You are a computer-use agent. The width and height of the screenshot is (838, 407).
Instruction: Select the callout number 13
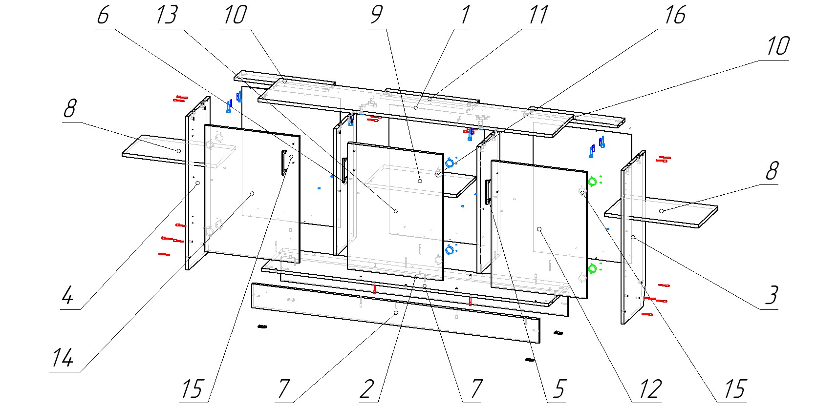[167, 16]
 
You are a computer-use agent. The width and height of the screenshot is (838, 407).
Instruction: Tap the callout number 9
[376, 16]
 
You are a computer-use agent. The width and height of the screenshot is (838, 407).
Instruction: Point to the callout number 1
[465, 16]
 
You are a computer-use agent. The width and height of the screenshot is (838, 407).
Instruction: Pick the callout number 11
[537, 16]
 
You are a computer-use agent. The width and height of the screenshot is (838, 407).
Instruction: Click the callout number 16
[675, 16]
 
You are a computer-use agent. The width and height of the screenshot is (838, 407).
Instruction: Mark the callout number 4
[68, 295]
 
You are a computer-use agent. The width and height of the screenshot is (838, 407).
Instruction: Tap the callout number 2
[367, 389]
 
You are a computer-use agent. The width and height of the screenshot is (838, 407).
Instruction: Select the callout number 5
[558, 389]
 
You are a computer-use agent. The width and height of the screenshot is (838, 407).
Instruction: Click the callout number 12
[650, 389]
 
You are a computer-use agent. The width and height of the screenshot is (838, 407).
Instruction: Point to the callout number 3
[771, 295]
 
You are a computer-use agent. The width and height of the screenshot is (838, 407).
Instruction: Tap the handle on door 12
[487, 192]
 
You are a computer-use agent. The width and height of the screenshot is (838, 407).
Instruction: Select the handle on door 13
[344, 170]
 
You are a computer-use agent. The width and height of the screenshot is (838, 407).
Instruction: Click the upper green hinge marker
[592, 182]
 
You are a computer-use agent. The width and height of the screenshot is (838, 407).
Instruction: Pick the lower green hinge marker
[592, 268]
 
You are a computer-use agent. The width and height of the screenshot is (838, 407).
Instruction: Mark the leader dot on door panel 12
[539, 229]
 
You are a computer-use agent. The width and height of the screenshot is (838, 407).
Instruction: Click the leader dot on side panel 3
[633, 237]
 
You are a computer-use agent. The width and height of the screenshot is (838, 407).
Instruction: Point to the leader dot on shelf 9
[420, 181]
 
